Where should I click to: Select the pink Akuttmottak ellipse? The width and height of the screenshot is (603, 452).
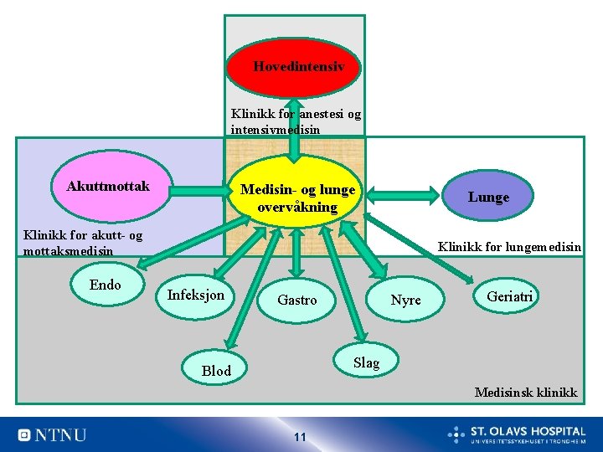point(109,187)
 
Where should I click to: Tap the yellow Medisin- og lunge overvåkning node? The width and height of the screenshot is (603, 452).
point(297,198)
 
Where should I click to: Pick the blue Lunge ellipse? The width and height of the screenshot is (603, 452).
point(487,198)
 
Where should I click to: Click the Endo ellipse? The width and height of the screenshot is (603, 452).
point(105,285)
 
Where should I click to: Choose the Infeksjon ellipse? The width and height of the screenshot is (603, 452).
point(195,295)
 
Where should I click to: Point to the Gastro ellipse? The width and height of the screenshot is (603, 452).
point(296,300)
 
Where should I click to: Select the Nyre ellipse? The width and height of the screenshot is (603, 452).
point(406,300)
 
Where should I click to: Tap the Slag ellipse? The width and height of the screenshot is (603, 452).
point(366,362)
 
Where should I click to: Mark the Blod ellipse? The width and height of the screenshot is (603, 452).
point(216,371)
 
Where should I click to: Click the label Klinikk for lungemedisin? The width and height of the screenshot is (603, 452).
point(509,247)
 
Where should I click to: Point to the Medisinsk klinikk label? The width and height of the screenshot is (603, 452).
point(525,392)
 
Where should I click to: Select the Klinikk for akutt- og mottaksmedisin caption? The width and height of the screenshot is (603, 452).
point(83,243)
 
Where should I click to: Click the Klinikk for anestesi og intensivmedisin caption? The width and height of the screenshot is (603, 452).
point(296,122)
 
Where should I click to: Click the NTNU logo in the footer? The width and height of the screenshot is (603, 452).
point(52,434)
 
